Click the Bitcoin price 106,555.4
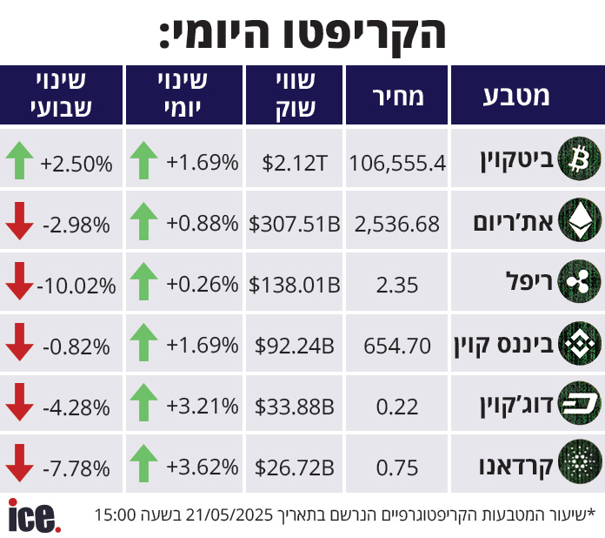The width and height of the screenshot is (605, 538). (x=397, y=163)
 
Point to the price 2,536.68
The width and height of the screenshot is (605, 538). (x=397, y=224)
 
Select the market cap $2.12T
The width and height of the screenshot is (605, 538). (x=296, y=163)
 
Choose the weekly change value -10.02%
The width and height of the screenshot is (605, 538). (x=76, y=285)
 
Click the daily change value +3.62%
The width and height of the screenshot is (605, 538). (x=203, y=467)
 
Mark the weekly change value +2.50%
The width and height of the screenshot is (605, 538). (x=76, y=163)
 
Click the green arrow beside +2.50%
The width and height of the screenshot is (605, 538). (x=19, y=161)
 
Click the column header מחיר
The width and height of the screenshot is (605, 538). (x=397, y=96)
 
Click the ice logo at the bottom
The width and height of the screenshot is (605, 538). (x=34, y=515)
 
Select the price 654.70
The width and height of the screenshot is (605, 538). (x=397, y=346)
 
